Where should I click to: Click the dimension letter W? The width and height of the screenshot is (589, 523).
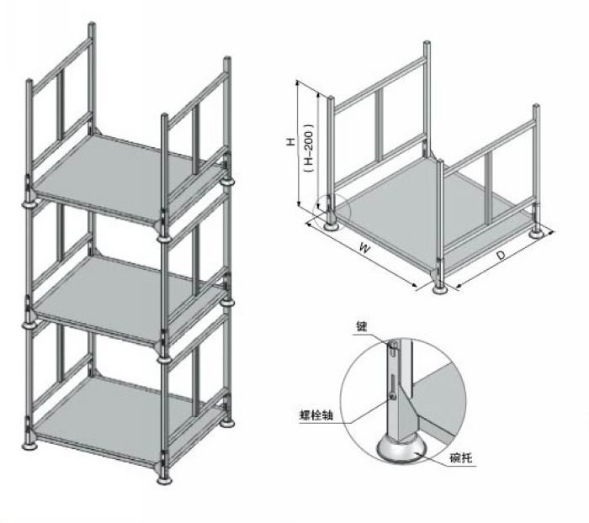click(x=363, y=248)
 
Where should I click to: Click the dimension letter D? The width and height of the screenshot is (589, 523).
click(x=500, y=253)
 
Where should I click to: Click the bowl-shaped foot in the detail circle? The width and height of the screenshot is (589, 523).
click(x=402, y=450)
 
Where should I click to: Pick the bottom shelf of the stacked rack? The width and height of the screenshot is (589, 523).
click(x=126, y=416)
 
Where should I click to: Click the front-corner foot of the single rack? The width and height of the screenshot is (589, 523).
click(x=438, y=288)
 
